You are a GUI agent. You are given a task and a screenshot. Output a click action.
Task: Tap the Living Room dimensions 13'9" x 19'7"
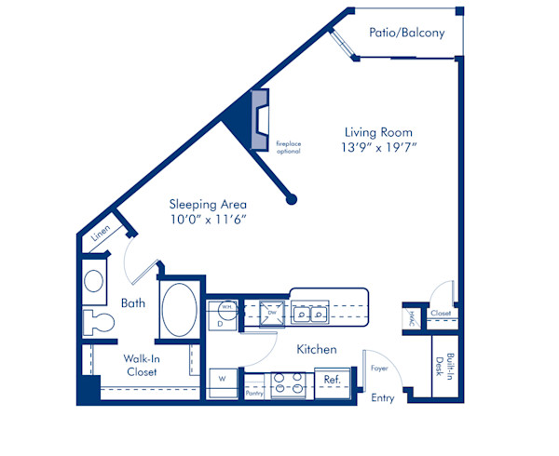pos(376,149)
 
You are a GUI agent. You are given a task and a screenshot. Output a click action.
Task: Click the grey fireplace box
pos(260,118)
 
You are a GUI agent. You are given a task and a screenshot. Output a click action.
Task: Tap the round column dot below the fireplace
pos(292,198)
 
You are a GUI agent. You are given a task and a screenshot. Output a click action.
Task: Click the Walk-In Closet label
pos(142,365)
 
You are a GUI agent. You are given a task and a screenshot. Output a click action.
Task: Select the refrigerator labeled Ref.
pos(331,380)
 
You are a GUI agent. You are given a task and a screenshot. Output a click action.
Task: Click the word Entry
pos(383,399)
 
